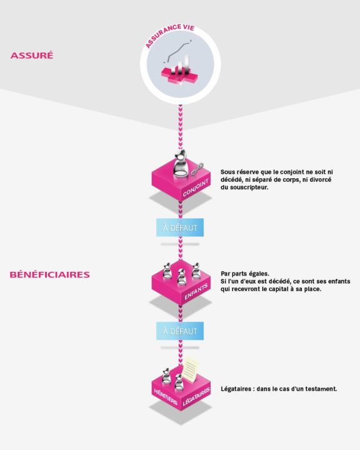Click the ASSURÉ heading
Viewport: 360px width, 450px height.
32,56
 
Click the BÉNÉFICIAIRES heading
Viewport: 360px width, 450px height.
49,274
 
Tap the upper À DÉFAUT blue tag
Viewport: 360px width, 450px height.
180,227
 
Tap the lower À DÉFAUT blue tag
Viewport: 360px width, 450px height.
180,331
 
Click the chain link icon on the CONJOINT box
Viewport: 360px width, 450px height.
197,169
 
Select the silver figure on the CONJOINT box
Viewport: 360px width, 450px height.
179,164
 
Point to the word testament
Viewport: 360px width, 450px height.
320,389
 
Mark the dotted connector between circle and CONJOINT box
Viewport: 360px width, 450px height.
180,128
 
